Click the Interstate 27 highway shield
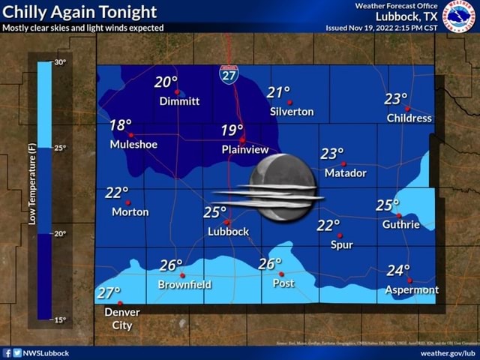[229, 73]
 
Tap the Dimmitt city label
[179, 101]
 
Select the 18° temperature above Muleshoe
[121, 125]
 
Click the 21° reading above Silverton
[278, 92]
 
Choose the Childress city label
[409, 118]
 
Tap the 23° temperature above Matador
[331, 154]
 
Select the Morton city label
[130, 212]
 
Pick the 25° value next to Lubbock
[214, 212]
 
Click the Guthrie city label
[400, 224]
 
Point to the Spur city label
[341, 244]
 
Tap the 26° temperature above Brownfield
[171, 265]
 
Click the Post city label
[283, 283]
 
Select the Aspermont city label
[412, 289]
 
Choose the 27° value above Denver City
[109, 293]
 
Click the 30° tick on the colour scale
[61, 61]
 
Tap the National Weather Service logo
[458, 16]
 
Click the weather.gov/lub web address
[448, 353]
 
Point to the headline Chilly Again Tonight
[80, 12]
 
